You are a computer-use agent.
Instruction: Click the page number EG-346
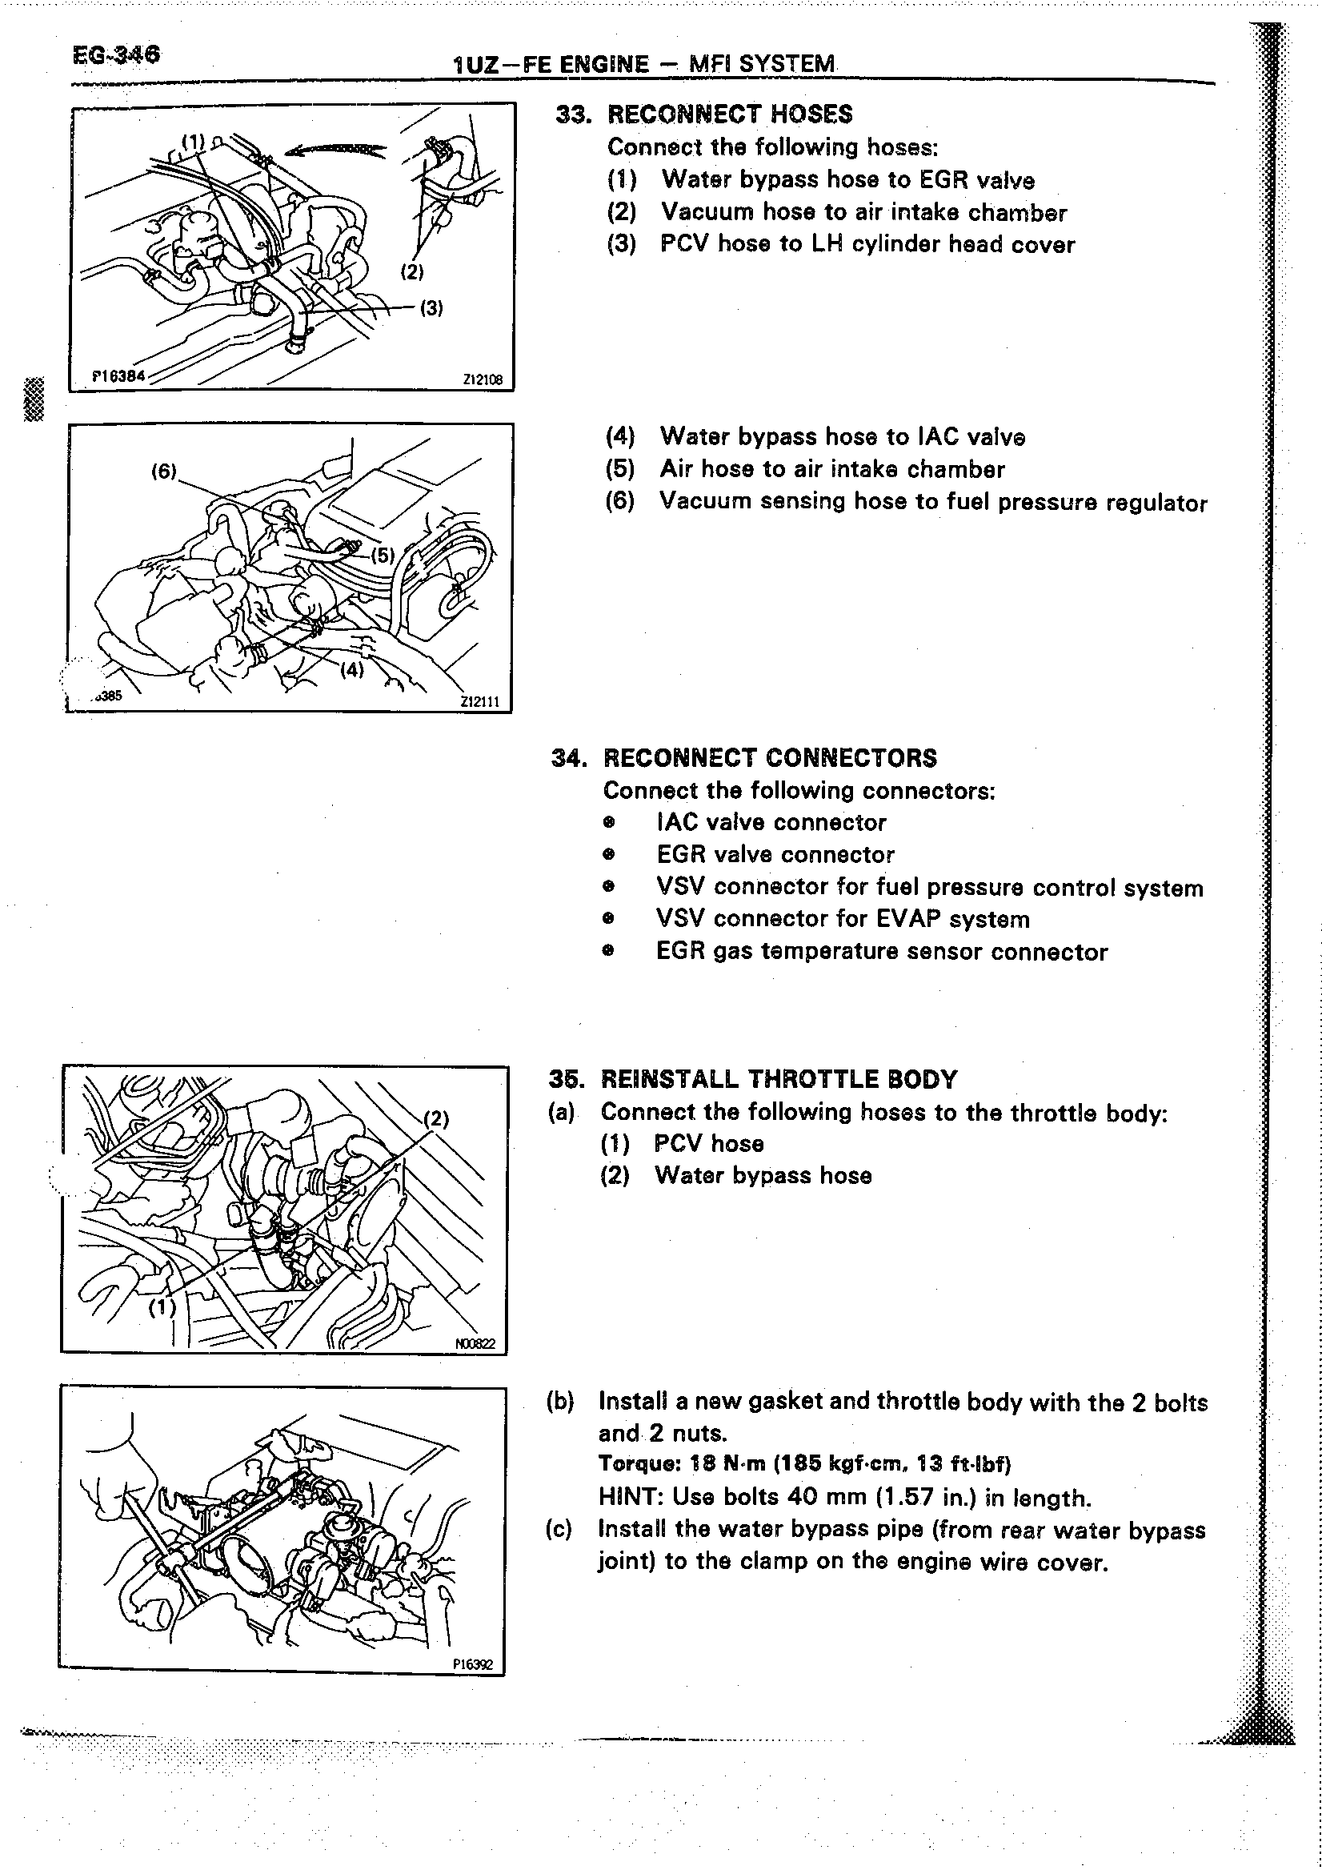116,54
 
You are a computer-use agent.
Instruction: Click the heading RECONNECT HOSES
729,114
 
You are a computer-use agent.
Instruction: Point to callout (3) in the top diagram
431,308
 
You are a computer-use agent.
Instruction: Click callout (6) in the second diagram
163,471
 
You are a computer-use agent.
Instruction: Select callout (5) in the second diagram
383,556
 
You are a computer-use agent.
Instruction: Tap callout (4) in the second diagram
351,669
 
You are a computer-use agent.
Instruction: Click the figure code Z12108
483,379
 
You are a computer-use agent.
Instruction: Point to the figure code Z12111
479,701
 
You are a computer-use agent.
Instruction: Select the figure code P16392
473,1665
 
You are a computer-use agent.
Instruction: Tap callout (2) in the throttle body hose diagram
436,1119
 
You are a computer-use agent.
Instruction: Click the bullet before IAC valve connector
607,823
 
